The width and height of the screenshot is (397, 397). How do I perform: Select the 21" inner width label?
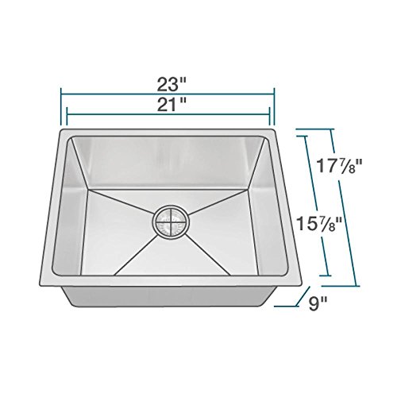(x=170, y=105)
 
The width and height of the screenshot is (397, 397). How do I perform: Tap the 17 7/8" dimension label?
(x=340, y=166)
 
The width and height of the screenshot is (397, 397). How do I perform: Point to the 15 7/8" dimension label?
(x=318, y=223)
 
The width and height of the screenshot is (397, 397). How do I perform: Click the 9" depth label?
(x=318, y=304)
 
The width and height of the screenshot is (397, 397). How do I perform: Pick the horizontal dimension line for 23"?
(x=168, y=94)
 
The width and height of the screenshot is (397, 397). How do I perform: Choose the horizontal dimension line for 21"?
(x=168, y=114)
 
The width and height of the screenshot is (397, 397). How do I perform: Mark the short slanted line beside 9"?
(x=303, y=296)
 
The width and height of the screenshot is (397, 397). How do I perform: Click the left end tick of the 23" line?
(x=61, y=106)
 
